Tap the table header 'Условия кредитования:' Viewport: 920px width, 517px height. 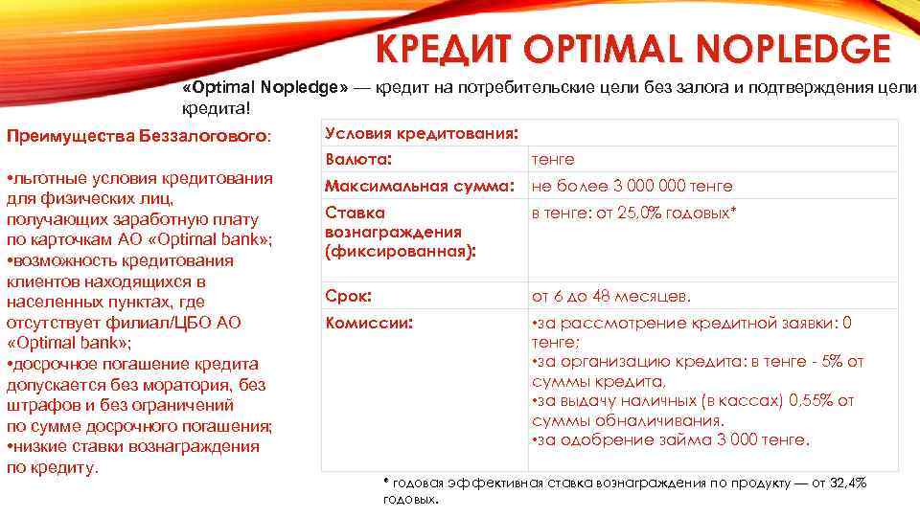[423, 132]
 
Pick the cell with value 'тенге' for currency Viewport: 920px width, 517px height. [553, 159]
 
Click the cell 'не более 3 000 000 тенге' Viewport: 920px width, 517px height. [632, 186]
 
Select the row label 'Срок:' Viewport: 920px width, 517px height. [349, 296]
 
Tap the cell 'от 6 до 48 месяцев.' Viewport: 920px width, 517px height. [610, 296]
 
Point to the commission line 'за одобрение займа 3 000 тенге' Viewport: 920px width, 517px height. [670, 440]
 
